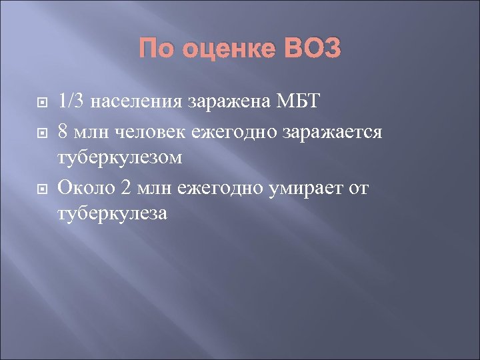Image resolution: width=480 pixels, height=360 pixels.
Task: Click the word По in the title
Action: coord(158,49)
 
